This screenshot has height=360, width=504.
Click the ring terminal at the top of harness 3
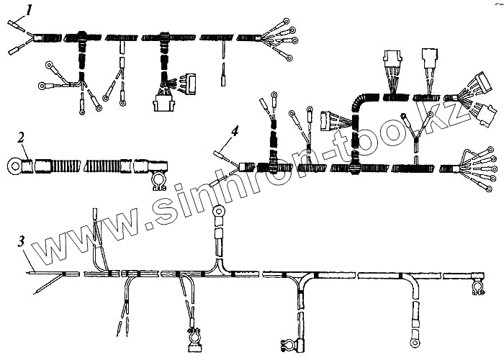pyautogui.click(x=220, y=212)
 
